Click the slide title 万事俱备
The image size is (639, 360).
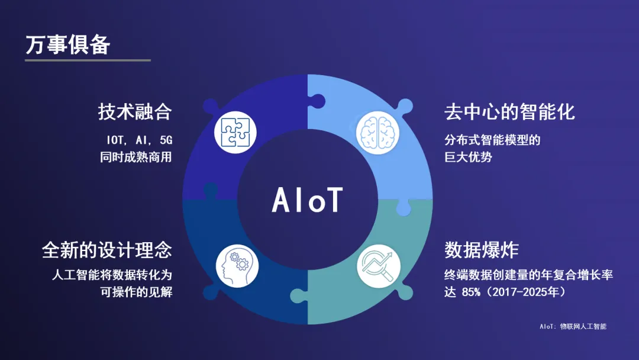click(67, 44)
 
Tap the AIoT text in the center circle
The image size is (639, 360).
click(307, 200)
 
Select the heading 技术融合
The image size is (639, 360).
click(135, 112)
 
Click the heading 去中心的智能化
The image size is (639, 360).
click(509, 112)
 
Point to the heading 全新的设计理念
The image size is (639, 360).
click(107, 249)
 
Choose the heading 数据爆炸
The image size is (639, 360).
click(481, 249)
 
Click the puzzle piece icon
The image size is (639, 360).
click(235, 132)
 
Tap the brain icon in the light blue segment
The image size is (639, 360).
click(377, 133)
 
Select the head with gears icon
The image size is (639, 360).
click(237, 266)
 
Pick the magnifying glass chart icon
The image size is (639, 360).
click(379, 266)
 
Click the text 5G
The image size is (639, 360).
click(166, 140)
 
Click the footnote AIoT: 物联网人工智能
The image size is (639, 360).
click(573, 326)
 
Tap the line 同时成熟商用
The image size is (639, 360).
click(136, 157)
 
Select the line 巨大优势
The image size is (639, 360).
click(468, 157)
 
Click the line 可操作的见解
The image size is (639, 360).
click(136, 292)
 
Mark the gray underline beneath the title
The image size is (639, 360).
click(88, 60)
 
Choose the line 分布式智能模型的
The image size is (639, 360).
click(492, 140)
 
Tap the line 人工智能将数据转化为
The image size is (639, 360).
click(112, 275)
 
